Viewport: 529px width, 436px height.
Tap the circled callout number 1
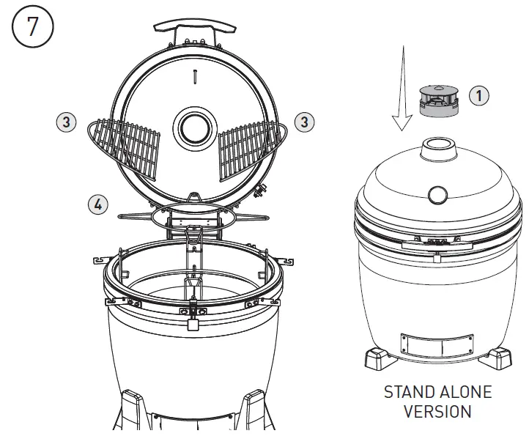coord(478,95)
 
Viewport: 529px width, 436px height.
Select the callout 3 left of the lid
coord(66,122)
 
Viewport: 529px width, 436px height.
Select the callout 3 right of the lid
coord(304,122)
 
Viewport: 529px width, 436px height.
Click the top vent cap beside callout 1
coord(438,99)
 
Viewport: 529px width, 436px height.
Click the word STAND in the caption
coord(409,392)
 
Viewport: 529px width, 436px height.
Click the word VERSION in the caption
coord(437,412)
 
